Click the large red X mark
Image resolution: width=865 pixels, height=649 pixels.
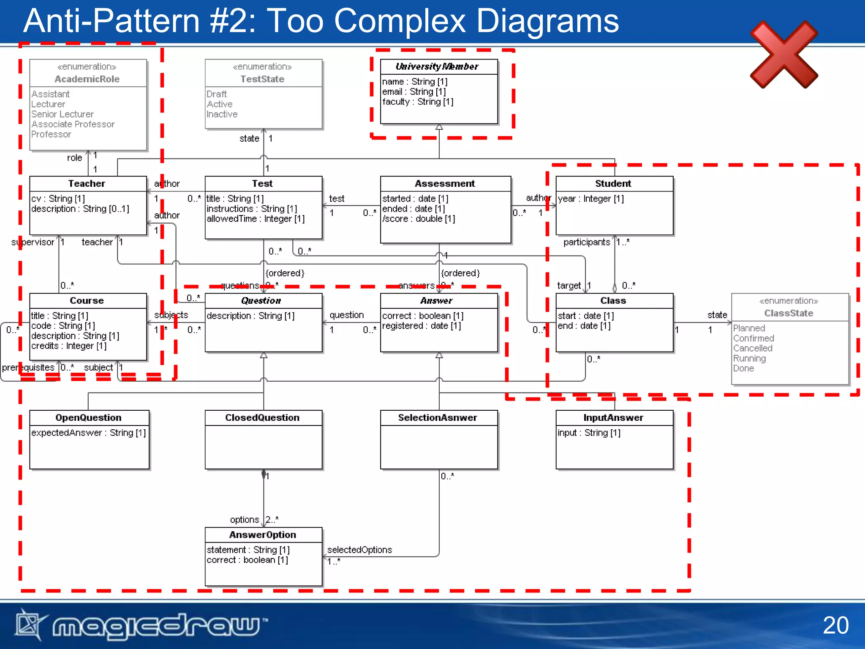(784, 55)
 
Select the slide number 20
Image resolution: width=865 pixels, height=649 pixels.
(835, 625)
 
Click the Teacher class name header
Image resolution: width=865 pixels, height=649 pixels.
(87, 183)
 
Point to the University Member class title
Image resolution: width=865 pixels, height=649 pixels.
(437, 66)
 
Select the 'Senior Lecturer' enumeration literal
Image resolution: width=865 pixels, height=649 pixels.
(63, 114)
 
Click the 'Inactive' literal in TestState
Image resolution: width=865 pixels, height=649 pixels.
(222, 114)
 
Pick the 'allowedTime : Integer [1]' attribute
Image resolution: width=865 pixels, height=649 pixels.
(256, 219)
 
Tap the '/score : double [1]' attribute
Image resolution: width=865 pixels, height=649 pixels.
(418, 219)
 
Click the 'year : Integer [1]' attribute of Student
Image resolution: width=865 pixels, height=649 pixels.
(590, 199)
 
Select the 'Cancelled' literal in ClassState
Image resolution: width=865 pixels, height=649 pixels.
(753, 348)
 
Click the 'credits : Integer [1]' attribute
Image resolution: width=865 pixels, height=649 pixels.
(69, 346)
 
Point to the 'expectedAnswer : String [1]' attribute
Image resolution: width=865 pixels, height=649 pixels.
(88, 433)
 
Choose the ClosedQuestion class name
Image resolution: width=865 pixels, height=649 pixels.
(262, 417)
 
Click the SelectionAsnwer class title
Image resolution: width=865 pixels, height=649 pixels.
(438, 417)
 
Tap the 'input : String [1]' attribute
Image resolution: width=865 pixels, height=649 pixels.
(589, 433)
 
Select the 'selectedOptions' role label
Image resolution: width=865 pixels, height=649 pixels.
(359, 550)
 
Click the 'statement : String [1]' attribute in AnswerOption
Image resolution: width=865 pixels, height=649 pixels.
(248, 550)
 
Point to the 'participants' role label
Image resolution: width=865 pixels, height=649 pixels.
(587, 242)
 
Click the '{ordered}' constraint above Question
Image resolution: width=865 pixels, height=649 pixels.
(285, 273)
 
